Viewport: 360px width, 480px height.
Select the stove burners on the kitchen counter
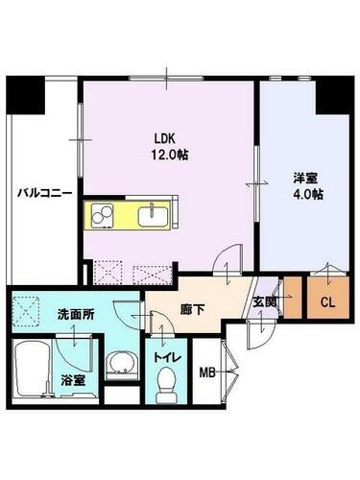coord(102,216)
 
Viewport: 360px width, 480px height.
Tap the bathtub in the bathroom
coord(32,368)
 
